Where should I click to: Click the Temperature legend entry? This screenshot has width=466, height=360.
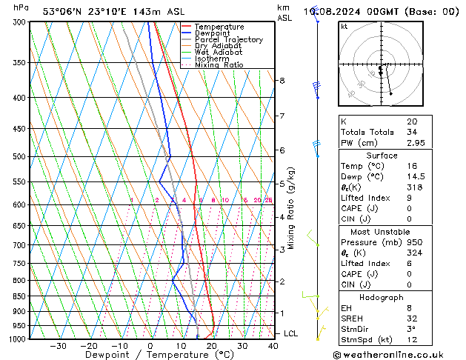click(x=219, y=27)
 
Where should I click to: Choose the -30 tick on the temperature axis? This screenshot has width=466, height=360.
click(x=58, y=346)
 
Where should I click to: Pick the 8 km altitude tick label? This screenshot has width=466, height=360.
click(x=282, y=80)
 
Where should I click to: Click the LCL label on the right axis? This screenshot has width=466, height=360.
click(x=290, y=334)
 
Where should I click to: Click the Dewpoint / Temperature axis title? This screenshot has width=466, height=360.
click(x=150, y=356)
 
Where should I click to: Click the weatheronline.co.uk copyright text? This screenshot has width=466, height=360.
click(x=397, y=354)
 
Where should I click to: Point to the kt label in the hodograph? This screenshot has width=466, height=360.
click(x=344, y=27)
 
